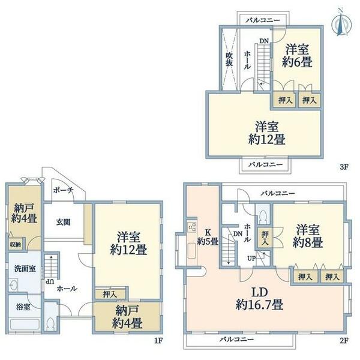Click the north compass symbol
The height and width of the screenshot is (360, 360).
click(341, 23)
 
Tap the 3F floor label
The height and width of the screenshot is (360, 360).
click(344, 167)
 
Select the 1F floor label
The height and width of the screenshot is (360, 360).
click(158, 340)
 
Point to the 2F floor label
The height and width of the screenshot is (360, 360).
click(344, 340)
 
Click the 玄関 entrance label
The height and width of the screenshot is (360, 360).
click(63, 222)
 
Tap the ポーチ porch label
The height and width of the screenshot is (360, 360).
click(64, 190)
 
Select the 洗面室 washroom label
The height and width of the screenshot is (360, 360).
click(25, 268)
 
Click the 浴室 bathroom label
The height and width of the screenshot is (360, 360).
click(23, 307)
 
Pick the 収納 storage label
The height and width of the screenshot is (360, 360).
click(16, 245)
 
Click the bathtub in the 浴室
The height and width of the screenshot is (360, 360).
click(25, 325)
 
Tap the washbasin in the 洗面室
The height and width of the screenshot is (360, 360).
click(13, 285)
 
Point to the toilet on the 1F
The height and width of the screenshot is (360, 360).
click(50, 324)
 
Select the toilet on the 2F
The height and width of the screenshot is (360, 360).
click(263, 216)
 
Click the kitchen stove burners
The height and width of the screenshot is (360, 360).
click(192, 227)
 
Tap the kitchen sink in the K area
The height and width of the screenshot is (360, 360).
click(192, 250)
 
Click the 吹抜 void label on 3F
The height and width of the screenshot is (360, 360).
click(229, 59)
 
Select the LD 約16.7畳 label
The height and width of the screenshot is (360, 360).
click(260, 299)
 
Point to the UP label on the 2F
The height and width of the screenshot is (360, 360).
click(251, 258)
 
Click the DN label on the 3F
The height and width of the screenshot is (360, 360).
click(264, 41)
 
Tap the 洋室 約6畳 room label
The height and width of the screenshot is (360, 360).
click(297, 56)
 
